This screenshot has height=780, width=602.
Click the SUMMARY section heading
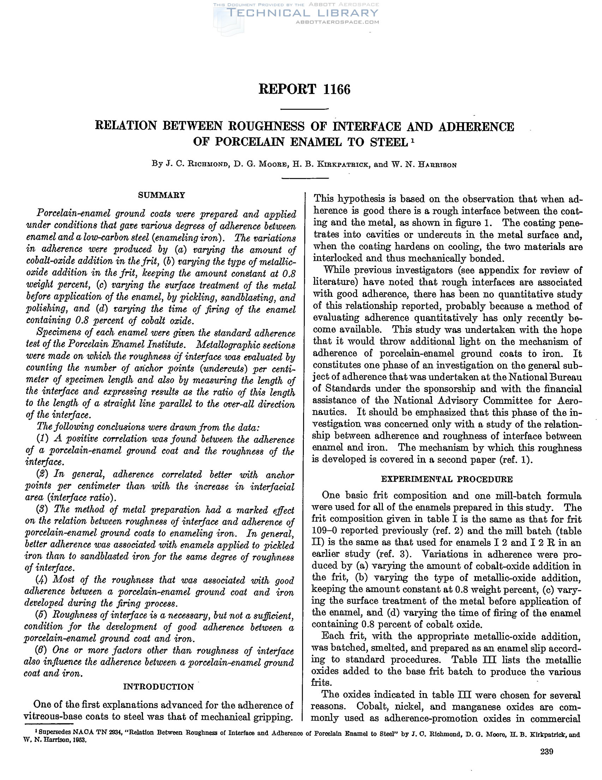pos(162,195)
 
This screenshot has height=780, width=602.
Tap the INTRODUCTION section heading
pos(158,686)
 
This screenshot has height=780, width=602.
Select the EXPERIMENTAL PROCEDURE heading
pos(447,479)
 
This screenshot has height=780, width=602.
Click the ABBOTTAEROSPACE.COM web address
pos(337,22)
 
